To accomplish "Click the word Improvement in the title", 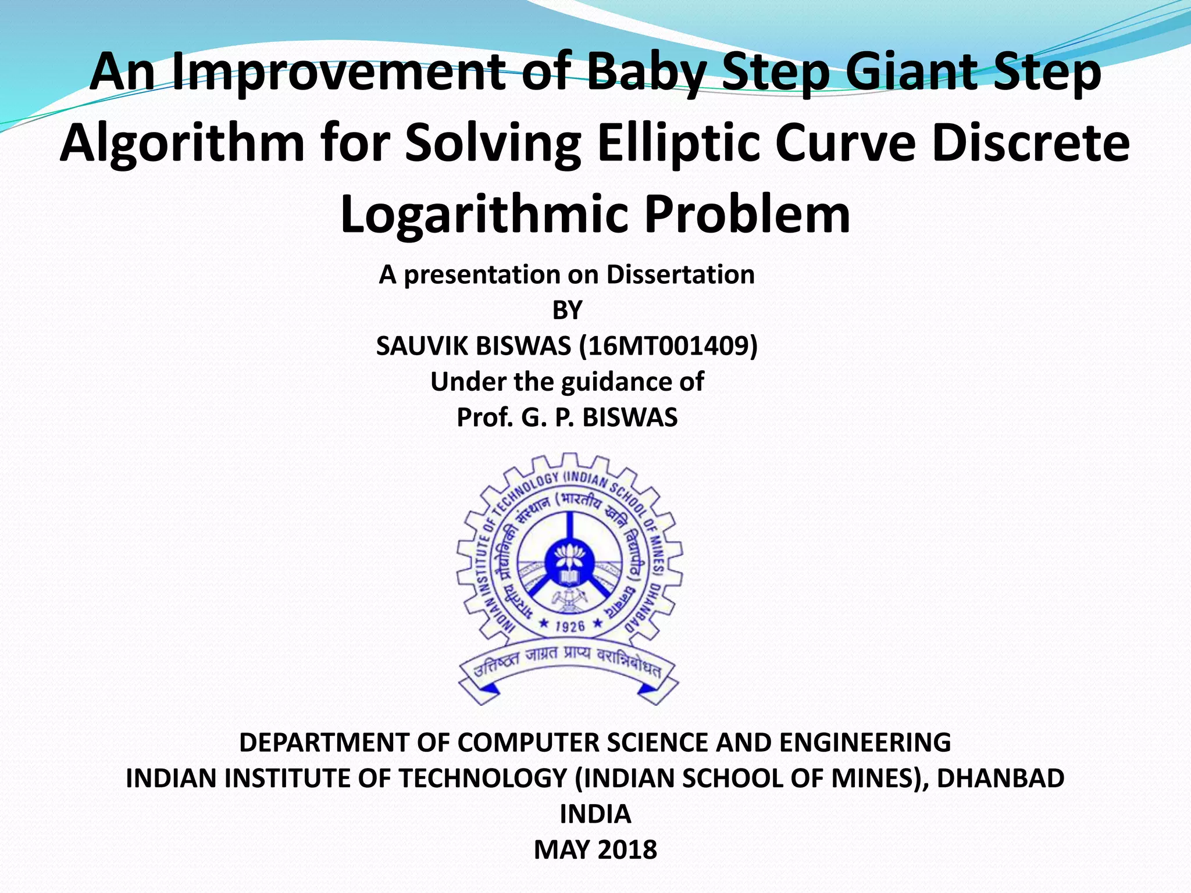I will click(338, 72).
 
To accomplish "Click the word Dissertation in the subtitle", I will click(680, 274).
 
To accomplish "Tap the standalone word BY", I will click(566, 310).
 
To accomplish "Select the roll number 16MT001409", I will click(668, 347).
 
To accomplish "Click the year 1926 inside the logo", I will click(569, 626).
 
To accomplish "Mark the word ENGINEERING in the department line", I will click(864, 742).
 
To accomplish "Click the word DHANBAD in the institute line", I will click(1000, 778).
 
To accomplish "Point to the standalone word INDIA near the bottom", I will click(595, 814).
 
